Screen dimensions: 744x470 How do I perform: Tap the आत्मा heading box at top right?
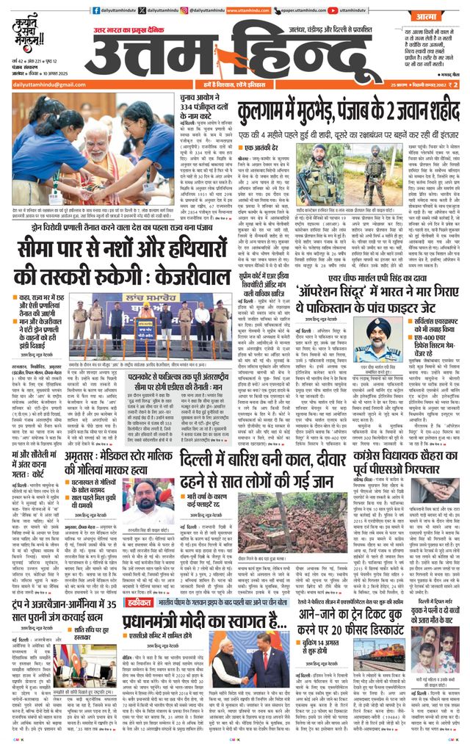pyautogui.click(x=425, y=12)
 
